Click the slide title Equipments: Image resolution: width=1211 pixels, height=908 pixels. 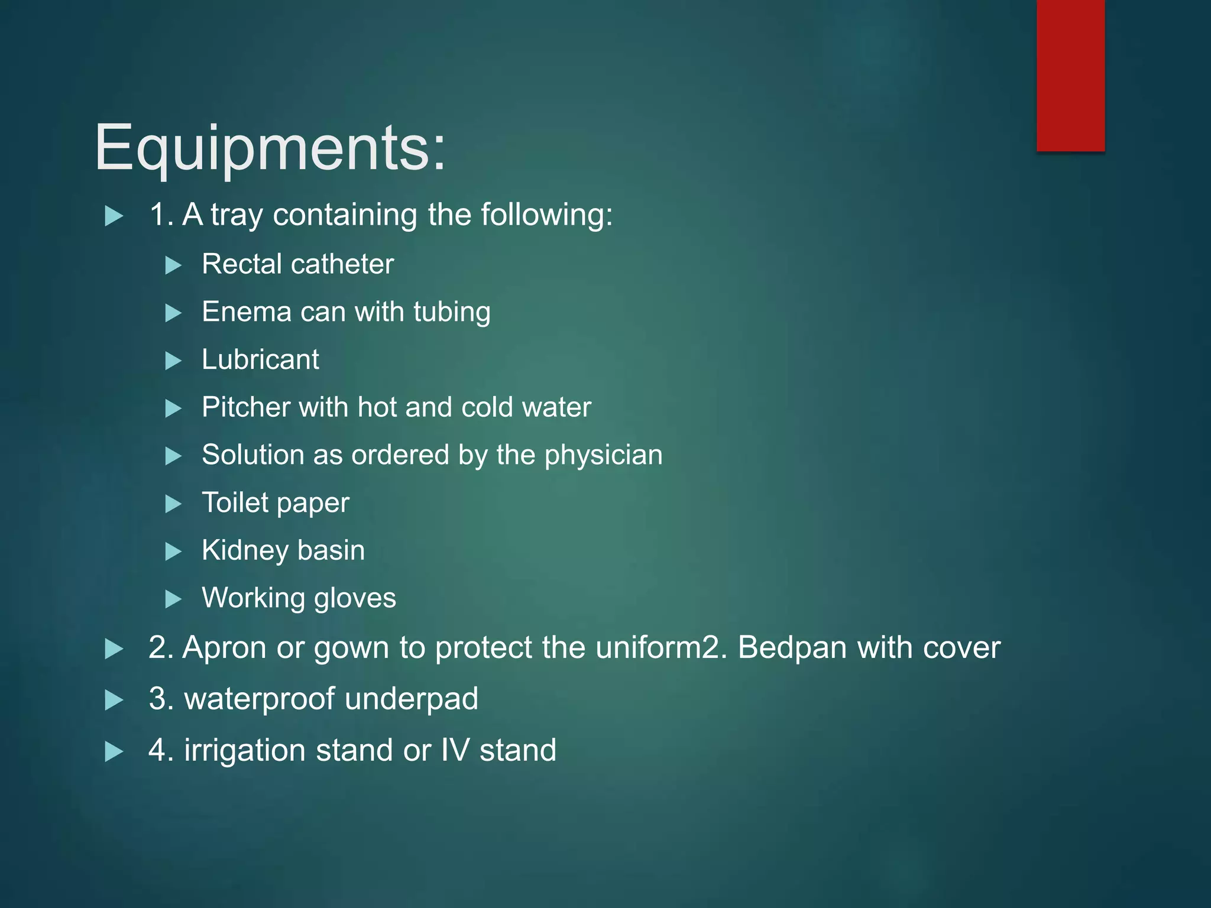[x=270, y=148]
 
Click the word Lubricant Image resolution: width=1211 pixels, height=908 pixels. [x=260, y=359]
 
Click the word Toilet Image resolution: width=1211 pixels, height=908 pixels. [x=235, y=502]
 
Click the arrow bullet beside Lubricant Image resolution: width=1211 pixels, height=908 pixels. [x=173, y=361]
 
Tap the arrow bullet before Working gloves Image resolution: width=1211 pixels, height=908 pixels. [x=173, y=599]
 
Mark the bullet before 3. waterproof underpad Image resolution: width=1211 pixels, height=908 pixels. [x=114, y=701]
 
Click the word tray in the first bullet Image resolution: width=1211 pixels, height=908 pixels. [x=237, y=215]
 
